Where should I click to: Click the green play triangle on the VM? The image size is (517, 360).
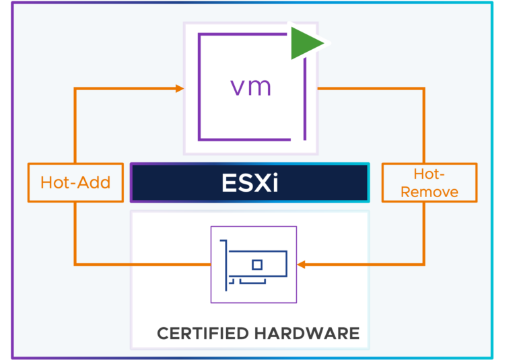tap(304, 44)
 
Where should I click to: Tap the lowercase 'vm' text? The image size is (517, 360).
tap(250, 87)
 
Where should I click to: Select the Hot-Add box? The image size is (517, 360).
tap(75, 182)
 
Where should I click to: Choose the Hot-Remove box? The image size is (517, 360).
tap(429, 182)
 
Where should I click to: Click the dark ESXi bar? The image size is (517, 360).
tap(250, 183)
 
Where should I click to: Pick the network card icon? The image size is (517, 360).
tap(254, 264)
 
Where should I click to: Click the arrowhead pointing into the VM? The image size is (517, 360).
tap(180, 88)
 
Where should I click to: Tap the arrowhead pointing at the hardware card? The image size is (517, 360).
tap(301, 264)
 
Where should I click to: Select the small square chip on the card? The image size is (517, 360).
tap(257, 264)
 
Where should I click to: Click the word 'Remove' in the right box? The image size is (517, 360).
tap(429, 192)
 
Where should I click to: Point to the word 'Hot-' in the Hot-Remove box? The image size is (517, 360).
tap(429, 174)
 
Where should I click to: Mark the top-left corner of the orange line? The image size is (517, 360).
tap(75, 88)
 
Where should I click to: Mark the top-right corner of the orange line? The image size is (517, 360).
tap(424, 88)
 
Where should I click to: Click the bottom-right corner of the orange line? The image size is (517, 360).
tap(424, 264)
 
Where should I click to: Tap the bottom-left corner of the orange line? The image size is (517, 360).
tap(75, 264)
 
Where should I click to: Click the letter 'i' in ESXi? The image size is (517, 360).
tap(274, 183)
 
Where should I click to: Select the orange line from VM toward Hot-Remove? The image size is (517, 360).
tap(370, 88)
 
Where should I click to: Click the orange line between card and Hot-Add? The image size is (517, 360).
tap(141, 264)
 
